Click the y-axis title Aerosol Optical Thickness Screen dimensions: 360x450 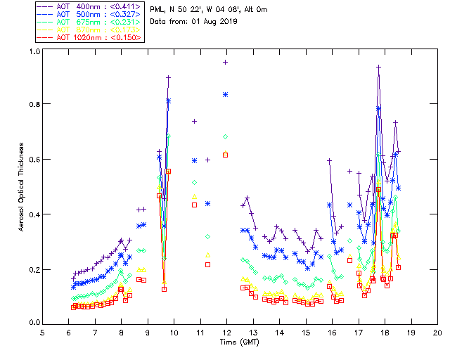click(x=21, y=186)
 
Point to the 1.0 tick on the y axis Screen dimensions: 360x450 click(x=33, y=52)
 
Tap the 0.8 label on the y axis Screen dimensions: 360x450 click(x=33, y=104)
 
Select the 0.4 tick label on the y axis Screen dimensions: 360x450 click(x=33, y=214)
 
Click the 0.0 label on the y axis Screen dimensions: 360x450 click(x=33, y=323)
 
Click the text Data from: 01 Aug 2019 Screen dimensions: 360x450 click(x=194, y=21)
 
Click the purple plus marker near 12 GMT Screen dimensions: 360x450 click(x=226, y=62)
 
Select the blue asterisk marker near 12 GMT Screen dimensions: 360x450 click(x=226, y=94)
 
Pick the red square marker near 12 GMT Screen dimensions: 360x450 click(x=226, y=155)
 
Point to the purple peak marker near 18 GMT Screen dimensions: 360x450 click(x=379, y=67)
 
